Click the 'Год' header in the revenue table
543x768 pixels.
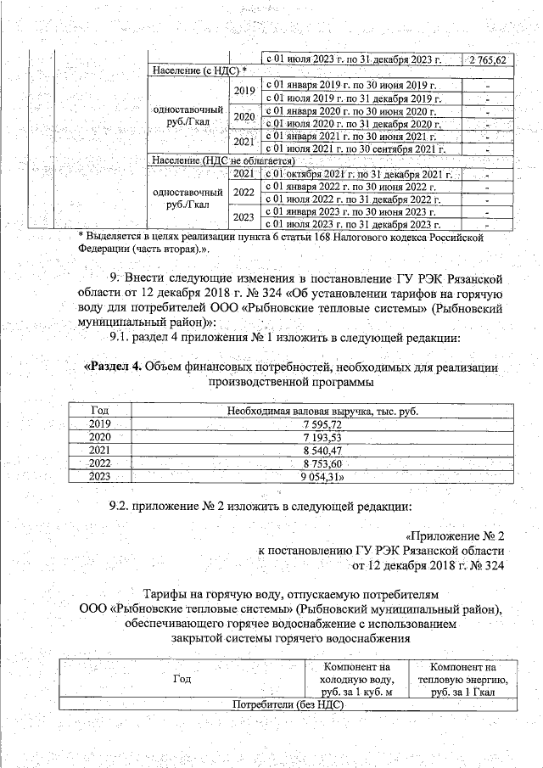coord(100,411)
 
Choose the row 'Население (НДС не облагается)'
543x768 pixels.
coord(222,160)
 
